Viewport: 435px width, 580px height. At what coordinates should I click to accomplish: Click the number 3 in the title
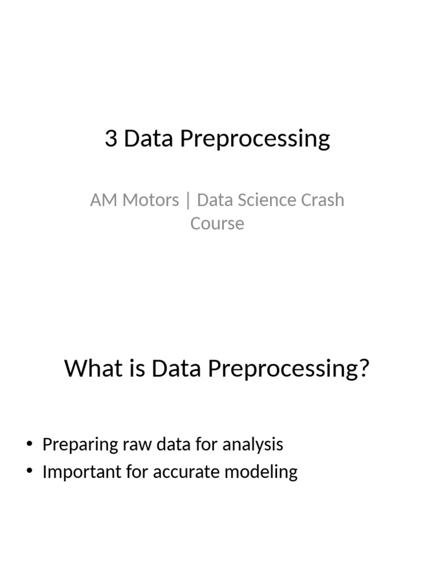coord(111,139)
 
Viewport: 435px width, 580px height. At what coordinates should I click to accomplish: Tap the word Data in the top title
coord(149,139)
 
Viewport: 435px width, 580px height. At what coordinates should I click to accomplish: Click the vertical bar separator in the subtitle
coord(188,201)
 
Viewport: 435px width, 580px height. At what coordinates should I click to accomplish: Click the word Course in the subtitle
coord(217,223)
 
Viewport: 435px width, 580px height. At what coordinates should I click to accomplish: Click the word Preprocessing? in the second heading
coord(289,369)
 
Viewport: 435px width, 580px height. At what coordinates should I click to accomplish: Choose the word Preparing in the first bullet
coord(80,445)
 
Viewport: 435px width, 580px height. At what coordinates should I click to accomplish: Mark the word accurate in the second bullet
coord(185,472)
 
